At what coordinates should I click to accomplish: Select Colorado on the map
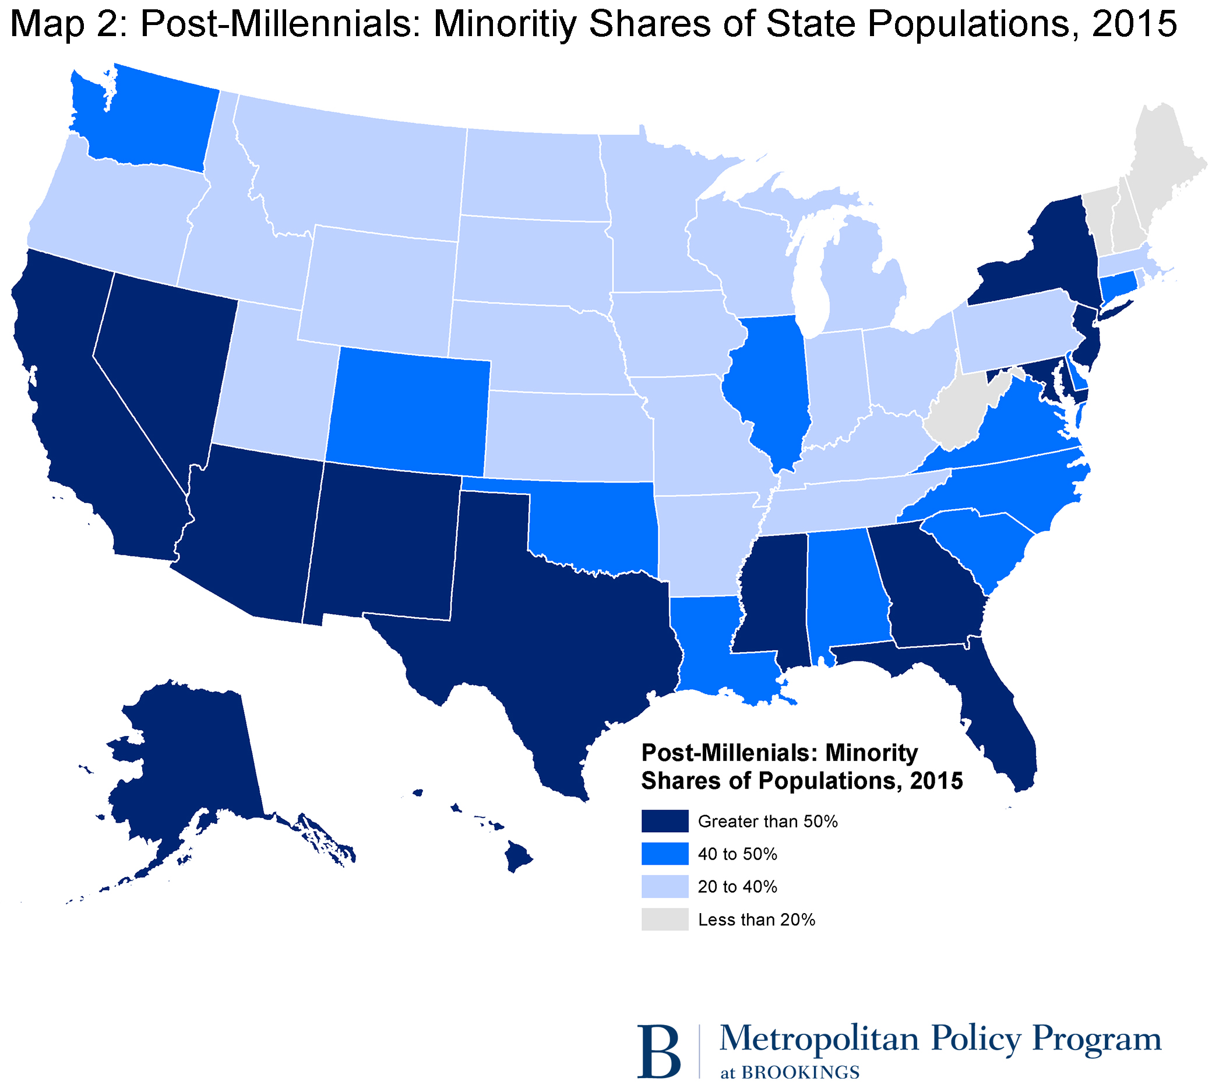click(408, 408)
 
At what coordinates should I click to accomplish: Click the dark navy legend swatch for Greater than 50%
click(664, 821)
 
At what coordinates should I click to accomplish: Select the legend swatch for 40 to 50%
click(664, 854)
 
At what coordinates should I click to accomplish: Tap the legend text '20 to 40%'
click(737, 887)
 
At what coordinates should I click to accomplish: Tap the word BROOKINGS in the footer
click(800, 1072)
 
